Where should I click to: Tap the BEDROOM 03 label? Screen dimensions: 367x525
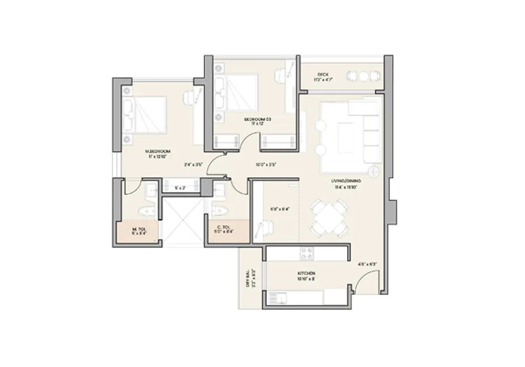(x=257, y=120)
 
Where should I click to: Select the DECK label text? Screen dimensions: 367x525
(x=323, y=75)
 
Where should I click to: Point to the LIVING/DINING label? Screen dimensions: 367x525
(x=345, y=181)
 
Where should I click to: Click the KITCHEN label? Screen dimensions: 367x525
(x=306, y=274)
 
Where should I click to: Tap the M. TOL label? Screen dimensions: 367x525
(x=139, y=229)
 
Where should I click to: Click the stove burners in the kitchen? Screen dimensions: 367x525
(x=307, y=253)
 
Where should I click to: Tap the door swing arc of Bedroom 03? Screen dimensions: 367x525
(x=247, y=142)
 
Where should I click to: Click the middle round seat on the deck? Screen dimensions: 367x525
(x=363, y=77)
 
